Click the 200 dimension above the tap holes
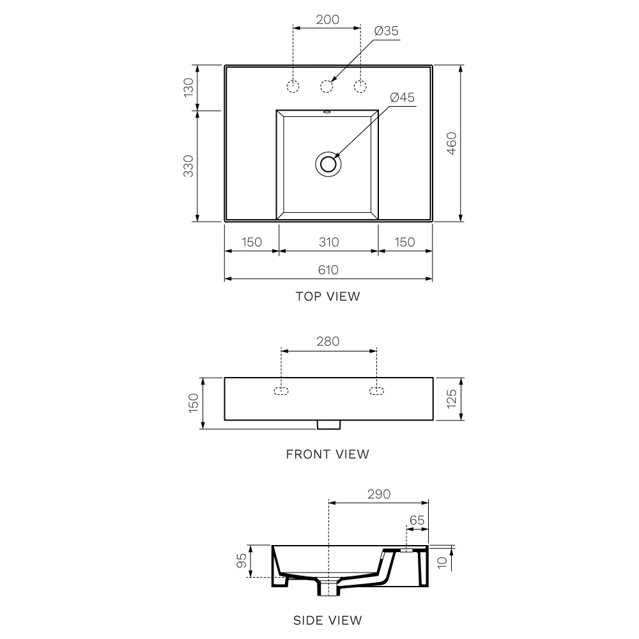pyautogui.click(x=328, y=20)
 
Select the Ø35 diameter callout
pyautogui.click(x=387, y=31)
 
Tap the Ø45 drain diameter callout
pyautogui.click(x=402, y=97)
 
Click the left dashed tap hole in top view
pyautogui.click(x=293, y=86)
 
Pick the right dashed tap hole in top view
pyautogui.click(x=360, y=86)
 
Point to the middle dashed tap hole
pyautogui.click(x=327, y=86)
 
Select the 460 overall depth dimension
pyautogui.click(x=452, y=143)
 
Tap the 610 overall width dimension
pyautogui.click(x=328, y=270)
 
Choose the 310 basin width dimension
pyautogui.click(x=329, y=242)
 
